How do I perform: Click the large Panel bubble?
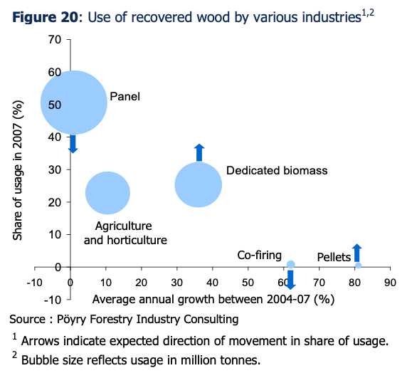point(74,103)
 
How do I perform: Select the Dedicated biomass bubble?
point(199,184)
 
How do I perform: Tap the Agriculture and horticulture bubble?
point(107,193)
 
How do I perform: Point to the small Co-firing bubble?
point(291,264)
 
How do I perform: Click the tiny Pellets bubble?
point(358,266)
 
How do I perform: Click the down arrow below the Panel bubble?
point(73,144)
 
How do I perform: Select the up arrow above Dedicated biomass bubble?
point(199,153)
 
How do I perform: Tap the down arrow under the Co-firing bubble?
point(290,280)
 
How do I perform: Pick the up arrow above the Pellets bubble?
point(357,253)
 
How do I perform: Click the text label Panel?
point(125,96)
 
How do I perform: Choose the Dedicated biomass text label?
point(277,170)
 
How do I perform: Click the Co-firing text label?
point(259,256)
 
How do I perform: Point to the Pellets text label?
point(334,257)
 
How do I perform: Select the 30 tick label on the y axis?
point(55,169)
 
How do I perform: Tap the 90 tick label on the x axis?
point(390,283)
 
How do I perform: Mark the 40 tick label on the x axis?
point(212,283)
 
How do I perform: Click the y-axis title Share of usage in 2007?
point(18,170)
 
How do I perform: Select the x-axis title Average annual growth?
point(213,299)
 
